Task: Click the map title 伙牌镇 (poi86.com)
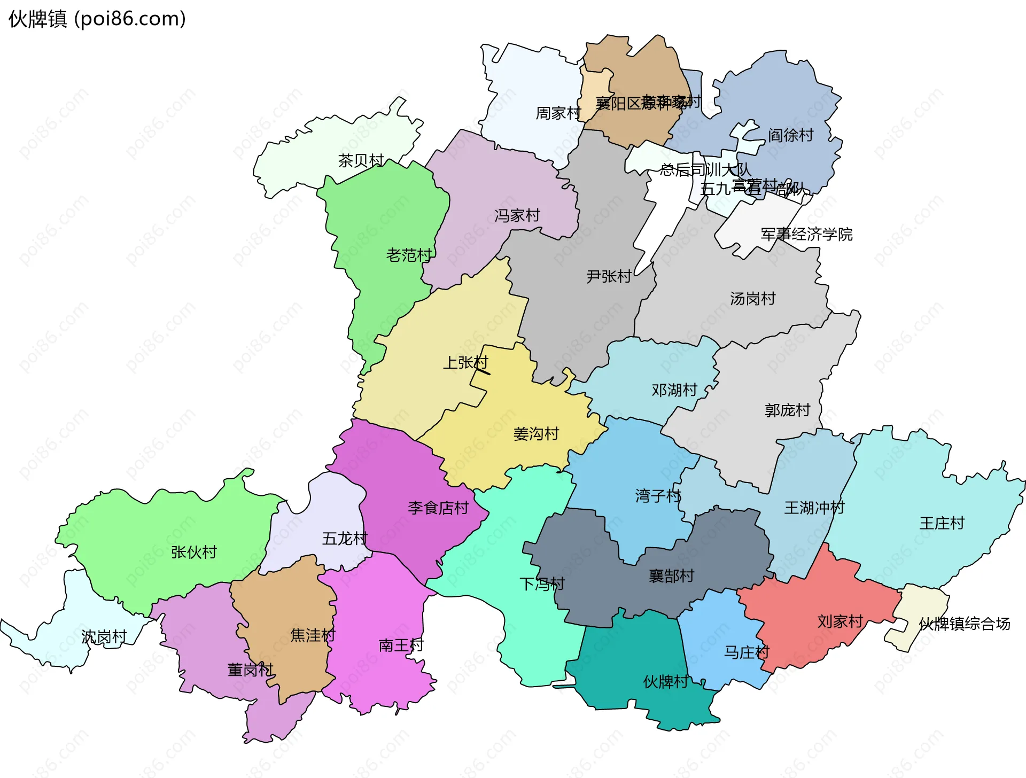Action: [x=97, y=19]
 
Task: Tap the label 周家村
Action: [x=558, y=113]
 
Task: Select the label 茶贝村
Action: [x=361, y=160]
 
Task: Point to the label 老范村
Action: [x=409, y=255]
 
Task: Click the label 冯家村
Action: [x=517, y=215]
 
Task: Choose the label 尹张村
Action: [x=609, y=276]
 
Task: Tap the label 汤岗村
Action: [x=752, y=299]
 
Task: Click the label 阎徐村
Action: [x=790, y=135]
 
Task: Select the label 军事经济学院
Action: [x=806, y=234]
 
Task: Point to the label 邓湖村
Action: [x=674, y=390]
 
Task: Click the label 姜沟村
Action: [x=536, y=434]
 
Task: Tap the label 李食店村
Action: [x=438, y=508]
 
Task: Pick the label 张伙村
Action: [x=194, y=552]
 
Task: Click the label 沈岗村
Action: [x=104, y=636]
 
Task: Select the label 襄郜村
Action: [x=671, y=575]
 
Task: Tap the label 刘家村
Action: [x=840, y=621]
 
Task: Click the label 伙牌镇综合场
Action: [x=965, y=624]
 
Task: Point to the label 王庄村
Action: [x=942, y=523]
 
